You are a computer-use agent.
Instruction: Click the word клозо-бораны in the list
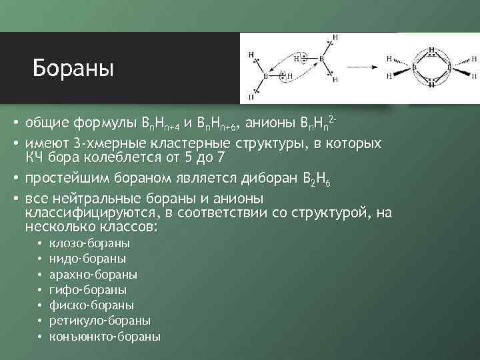point(94,244)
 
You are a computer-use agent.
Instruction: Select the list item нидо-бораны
point(92,259)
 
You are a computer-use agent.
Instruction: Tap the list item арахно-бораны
point(98,275)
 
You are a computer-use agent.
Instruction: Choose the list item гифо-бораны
point(93,290)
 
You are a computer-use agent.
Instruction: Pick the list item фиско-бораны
point(96,305)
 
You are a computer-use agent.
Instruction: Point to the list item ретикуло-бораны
point(104,321)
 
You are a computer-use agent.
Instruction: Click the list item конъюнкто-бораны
point(109,336)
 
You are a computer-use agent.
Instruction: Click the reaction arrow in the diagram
point(359,66)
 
